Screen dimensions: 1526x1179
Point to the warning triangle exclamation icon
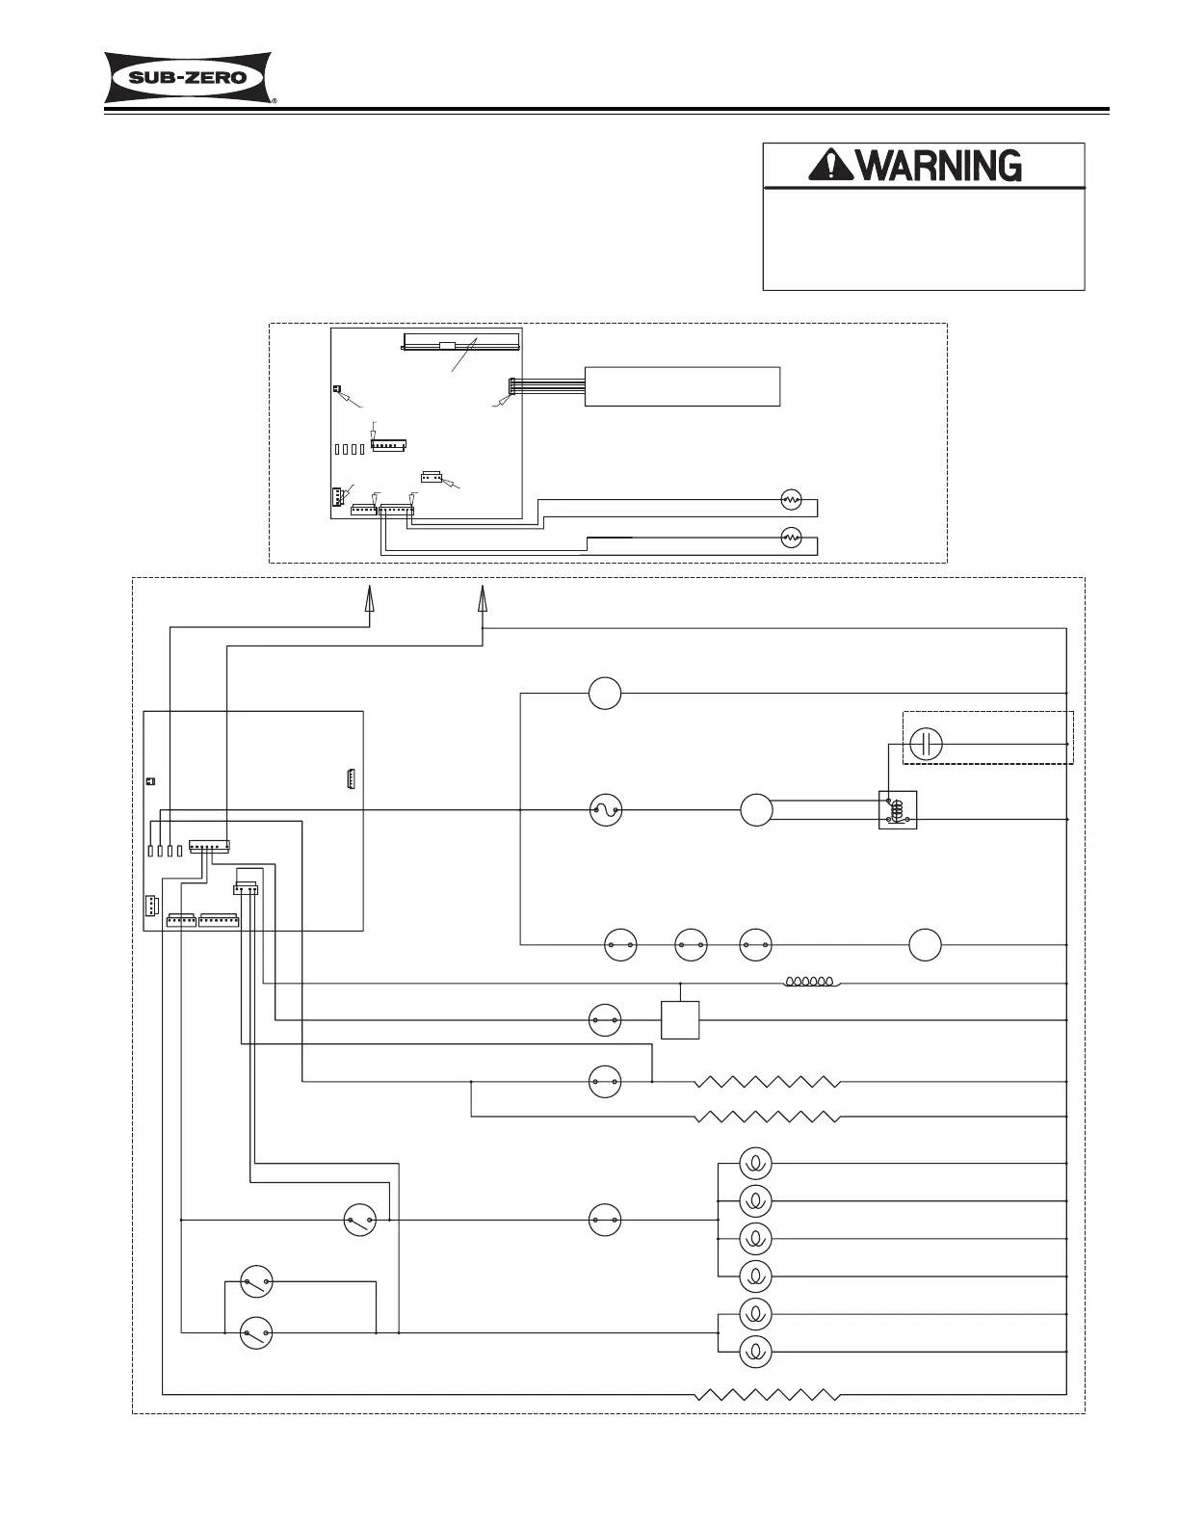pos(826,167)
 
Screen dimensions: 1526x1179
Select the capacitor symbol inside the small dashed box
pos(926,744)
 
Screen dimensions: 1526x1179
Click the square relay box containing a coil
pos(898,810)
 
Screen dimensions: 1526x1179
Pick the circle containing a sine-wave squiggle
pos(605,810)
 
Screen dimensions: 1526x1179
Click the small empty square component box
pos(680,1019)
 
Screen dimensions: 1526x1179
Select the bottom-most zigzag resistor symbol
pos(768,1393)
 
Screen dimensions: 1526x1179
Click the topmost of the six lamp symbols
pos(755,1164)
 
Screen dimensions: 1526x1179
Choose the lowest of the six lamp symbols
pos(755,1352)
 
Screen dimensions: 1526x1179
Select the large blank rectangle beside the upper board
pos(682,386)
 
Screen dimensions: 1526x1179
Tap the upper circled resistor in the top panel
pos(791,500)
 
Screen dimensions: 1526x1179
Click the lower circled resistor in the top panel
pos(791,537)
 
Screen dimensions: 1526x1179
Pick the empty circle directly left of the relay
pos(756,810)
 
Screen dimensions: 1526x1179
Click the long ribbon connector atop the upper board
pos(461,342)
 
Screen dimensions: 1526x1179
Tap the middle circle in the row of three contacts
pos(691,945)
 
